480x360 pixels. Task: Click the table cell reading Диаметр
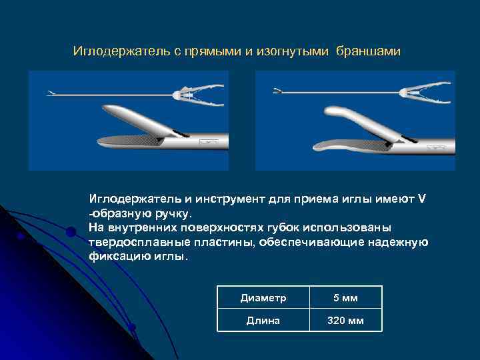(x=263, y=299)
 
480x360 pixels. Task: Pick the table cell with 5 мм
(x=345, y=299)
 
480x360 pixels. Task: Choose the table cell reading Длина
(x=263, y=321)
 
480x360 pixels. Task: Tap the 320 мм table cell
(x=345, y=321)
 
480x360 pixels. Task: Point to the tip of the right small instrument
(x=277, y=91)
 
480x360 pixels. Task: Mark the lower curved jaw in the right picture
(x=333, y=147)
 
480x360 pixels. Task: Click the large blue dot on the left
(x=71, y=232)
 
